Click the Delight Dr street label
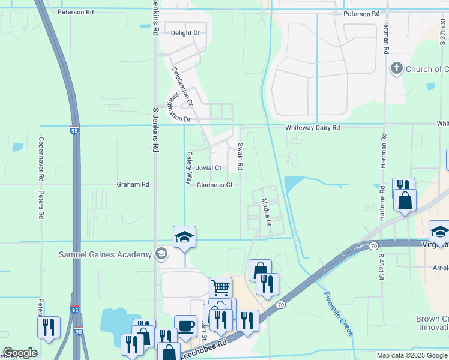tap(185, 33)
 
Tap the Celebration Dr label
tap(182, 86)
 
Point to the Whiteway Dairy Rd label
tap(312, 128)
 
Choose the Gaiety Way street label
tap(189, 167)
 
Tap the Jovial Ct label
tap(209, 168)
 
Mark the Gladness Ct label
tap(215, 185)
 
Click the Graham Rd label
tap(133, 185)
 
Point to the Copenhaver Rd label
tap(41, 159)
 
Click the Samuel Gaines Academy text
tap(105, 254)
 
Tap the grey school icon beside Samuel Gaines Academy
tap(161, 254)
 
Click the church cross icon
tap(396, 69)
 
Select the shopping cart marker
tap(220, 287)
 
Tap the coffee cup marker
tap(185, 325)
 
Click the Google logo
tap(20, 353)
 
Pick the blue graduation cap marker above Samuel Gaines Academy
tap(184, 237)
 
